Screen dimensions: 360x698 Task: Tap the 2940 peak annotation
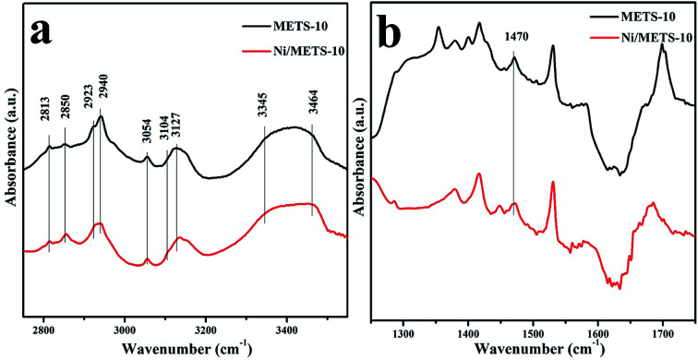pos(102,94)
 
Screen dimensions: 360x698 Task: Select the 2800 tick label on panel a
pos(43,327)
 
